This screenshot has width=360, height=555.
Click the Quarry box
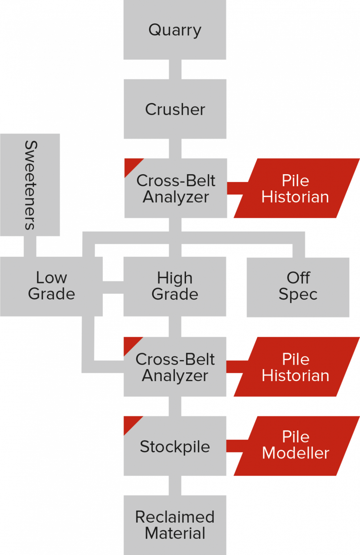pyautogui.click(x=175, y=30)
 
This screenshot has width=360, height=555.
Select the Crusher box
pyautogui.click(x=175, y=109)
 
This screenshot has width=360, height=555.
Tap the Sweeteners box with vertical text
pyautogui.click(x=30, y=185)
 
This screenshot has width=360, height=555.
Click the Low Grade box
pyautogui.click(x=51, y=286)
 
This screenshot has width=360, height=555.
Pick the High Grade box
pyautogui.click(x=175, y=286)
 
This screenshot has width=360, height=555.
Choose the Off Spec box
pyautogui.click(x=298, y=287)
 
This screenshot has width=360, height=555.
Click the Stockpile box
pyautogui.click(x=175, y=446)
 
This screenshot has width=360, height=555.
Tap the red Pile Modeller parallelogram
pyautogui.click(x=296, y=446)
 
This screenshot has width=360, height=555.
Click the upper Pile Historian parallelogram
pyautogui.click(x=296, y=188)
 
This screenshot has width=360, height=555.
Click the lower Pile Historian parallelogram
pyautogui.click(x=296, y=367)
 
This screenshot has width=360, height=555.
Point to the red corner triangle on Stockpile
pyautogui.click(x=129, y=422)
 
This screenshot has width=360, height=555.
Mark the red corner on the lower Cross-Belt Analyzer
pyautogui.click(x=129, y=343)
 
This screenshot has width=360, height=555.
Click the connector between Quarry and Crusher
pyautogui.click(x=175, y=69)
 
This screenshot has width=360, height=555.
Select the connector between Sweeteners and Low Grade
pyautogui.click(x=30, y=246)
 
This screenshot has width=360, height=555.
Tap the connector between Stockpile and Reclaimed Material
pyautogui.click(x=175, y=485)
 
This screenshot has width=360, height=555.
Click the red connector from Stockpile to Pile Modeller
pyautogui.click(x=237, y=446)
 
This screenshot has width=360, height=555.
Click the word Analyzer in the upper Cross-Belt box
pyautogui.click(x=176, y=197)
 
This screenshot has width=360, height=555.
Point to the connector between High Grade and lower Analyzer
pyautogui.click(x=175, y=326)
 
